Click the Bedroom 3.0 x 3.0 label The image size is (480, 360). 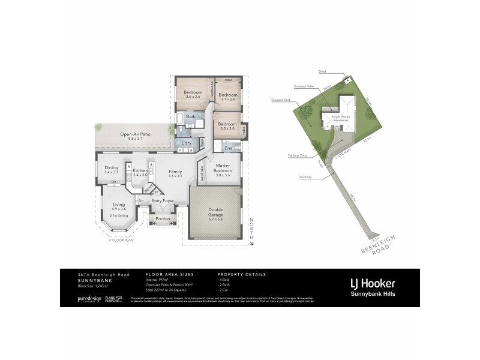tap(227, 125)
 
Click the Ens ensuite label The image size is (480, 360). tap(228, 147)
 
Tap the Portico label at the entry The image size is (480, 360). tap(163, 219)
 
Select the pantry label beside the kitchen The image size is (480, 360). tap(148, 188)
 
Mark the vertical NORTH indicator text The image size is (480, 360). tap(253, 229)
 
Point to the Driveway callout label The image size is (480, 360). tap(307, 178)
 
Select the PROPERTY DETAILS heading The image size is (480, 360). tap(241, 274)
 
